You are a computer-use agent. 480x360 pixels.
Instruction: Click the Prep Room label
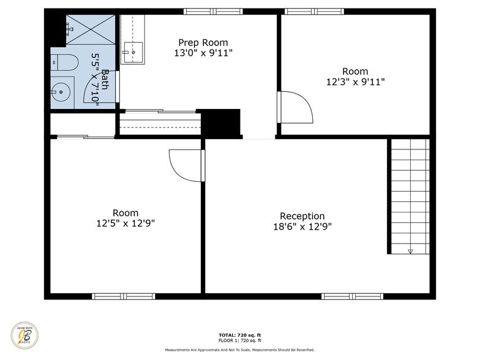click(x=203, y=42)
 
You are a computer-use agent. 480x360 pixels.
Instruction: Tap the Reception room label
click(x=302, y=216)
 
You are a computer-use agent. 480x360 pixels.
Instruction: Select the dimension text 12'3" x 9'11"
click(x=355, y=81)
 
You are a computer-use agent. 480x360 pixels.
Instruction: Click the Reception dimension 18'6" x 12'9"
click(x=302, y=227)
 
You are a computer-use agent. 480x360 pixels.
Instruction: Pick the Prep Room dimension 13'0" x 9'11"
click(x=203, y=53)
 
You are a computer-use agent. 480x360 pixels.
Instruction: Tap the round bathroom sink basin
click(x=61, y=93)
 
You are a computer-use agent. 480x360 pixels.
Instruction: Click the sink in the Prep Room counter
click(x=132, y=52)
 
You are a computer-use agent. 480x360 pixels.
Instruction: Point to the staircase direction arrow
click(x=410, y=250)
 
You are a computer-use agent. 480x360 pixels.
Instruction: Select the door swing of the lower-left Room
click(x=186, y=165)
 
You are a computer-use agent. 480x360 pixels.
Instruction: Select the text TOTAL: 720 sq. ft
click(x=240, y=335)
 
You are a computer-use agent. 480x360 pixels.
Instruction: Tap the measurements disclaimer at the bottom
click(x=240, y=350)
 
